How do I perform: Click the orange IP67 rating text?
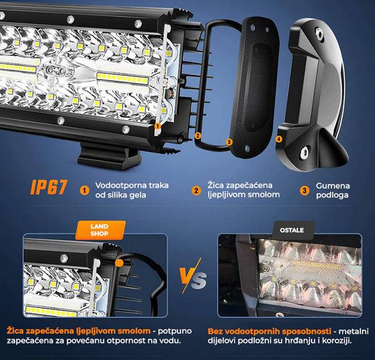tap(49, 187)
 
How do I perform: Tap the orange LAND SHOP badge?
tap(100, 230)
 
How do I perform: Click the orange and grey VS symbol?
tap(193, 276)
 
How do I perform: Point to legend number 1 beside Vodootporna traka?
tap(84, 191)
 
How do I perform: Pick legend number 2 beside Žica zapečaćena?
tap(196, 191)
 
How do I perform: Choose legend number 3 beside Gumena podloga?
tap(304, 191)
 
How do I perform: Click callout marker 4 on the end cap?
tap(279, 139)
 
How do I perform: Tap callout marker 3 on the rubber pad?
tap(229, 142)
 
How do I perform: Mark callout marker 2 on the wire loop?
tap(198, 136)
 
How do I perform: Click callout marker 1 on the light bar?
tap(157, 126)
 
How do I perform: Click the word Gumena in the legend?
tap(333, 185)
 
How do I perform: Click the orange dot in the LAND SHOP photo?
tap(119, 263)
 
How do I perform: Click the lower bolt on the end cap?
tap(304, 152)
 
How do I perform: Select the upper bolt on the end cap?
tap(320, 33)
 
